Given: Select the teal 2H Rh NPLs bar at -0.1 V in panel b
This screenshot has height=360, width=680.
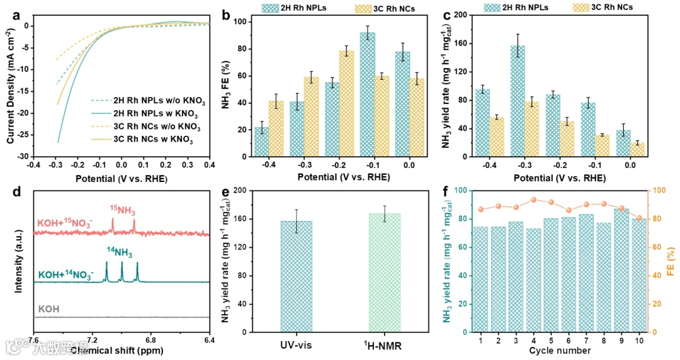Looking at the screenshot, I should (368, 94).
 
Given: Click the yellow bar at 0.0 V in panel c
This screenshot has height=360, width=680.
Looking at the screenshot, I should (638, 150).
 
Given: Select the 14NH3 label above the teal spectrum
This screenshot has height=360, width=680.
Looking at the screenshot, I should (120, 252).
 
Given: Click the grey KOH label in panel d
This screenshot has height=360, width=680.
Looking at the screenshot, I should (48, 309).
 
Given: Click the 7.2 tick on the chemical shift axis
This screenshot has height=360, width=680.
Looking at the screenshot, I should (91, 340).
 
